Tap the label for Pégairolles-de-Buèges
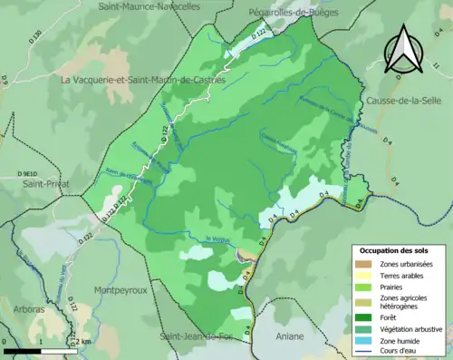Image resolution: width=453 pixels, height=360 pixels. tap(284, 13)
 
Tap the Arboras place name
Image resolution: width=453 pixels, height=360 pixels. tap(28, 309)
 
